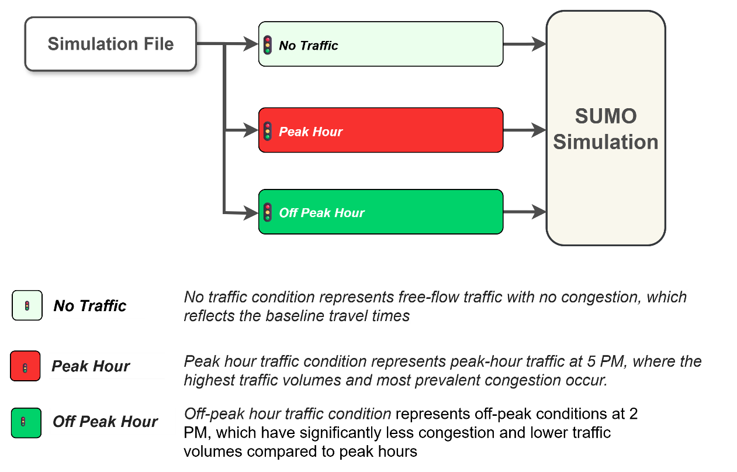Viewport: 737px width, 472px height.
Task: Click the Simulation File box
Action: [110, 44]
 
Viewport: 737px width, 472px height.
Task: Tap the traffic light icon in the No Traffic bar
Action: [268, 45]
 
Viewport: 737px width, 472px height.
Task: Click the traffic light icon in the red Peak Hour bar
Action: [268, 131]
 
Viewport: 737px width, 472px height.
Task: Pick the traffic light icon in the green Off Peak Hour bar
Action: [268, 212]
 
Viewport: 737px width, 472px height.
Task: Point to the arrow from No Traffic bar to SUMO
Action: [524, 43]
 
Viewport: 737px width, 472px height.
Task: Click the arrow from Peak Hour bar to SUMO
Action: [524, 130]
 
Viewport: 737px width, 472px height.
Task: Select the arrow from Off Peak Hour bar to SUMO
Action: [524, 212]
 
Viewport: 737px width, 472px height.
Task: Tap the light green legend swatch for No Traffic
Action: [27, 305]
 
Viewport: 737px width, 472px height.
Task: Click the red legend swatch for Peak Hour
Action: [25, 366]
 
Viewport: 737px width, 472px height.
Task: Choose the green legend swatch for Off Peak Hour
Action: [26, 422]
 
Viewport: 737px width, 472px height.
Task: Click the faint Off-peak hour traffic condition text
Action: [288, 414]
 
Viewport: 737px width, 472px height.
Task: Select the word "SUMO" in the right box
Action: [605, 116]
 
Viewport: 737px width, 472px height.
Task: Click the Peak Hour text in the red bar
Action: [310, 132]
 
